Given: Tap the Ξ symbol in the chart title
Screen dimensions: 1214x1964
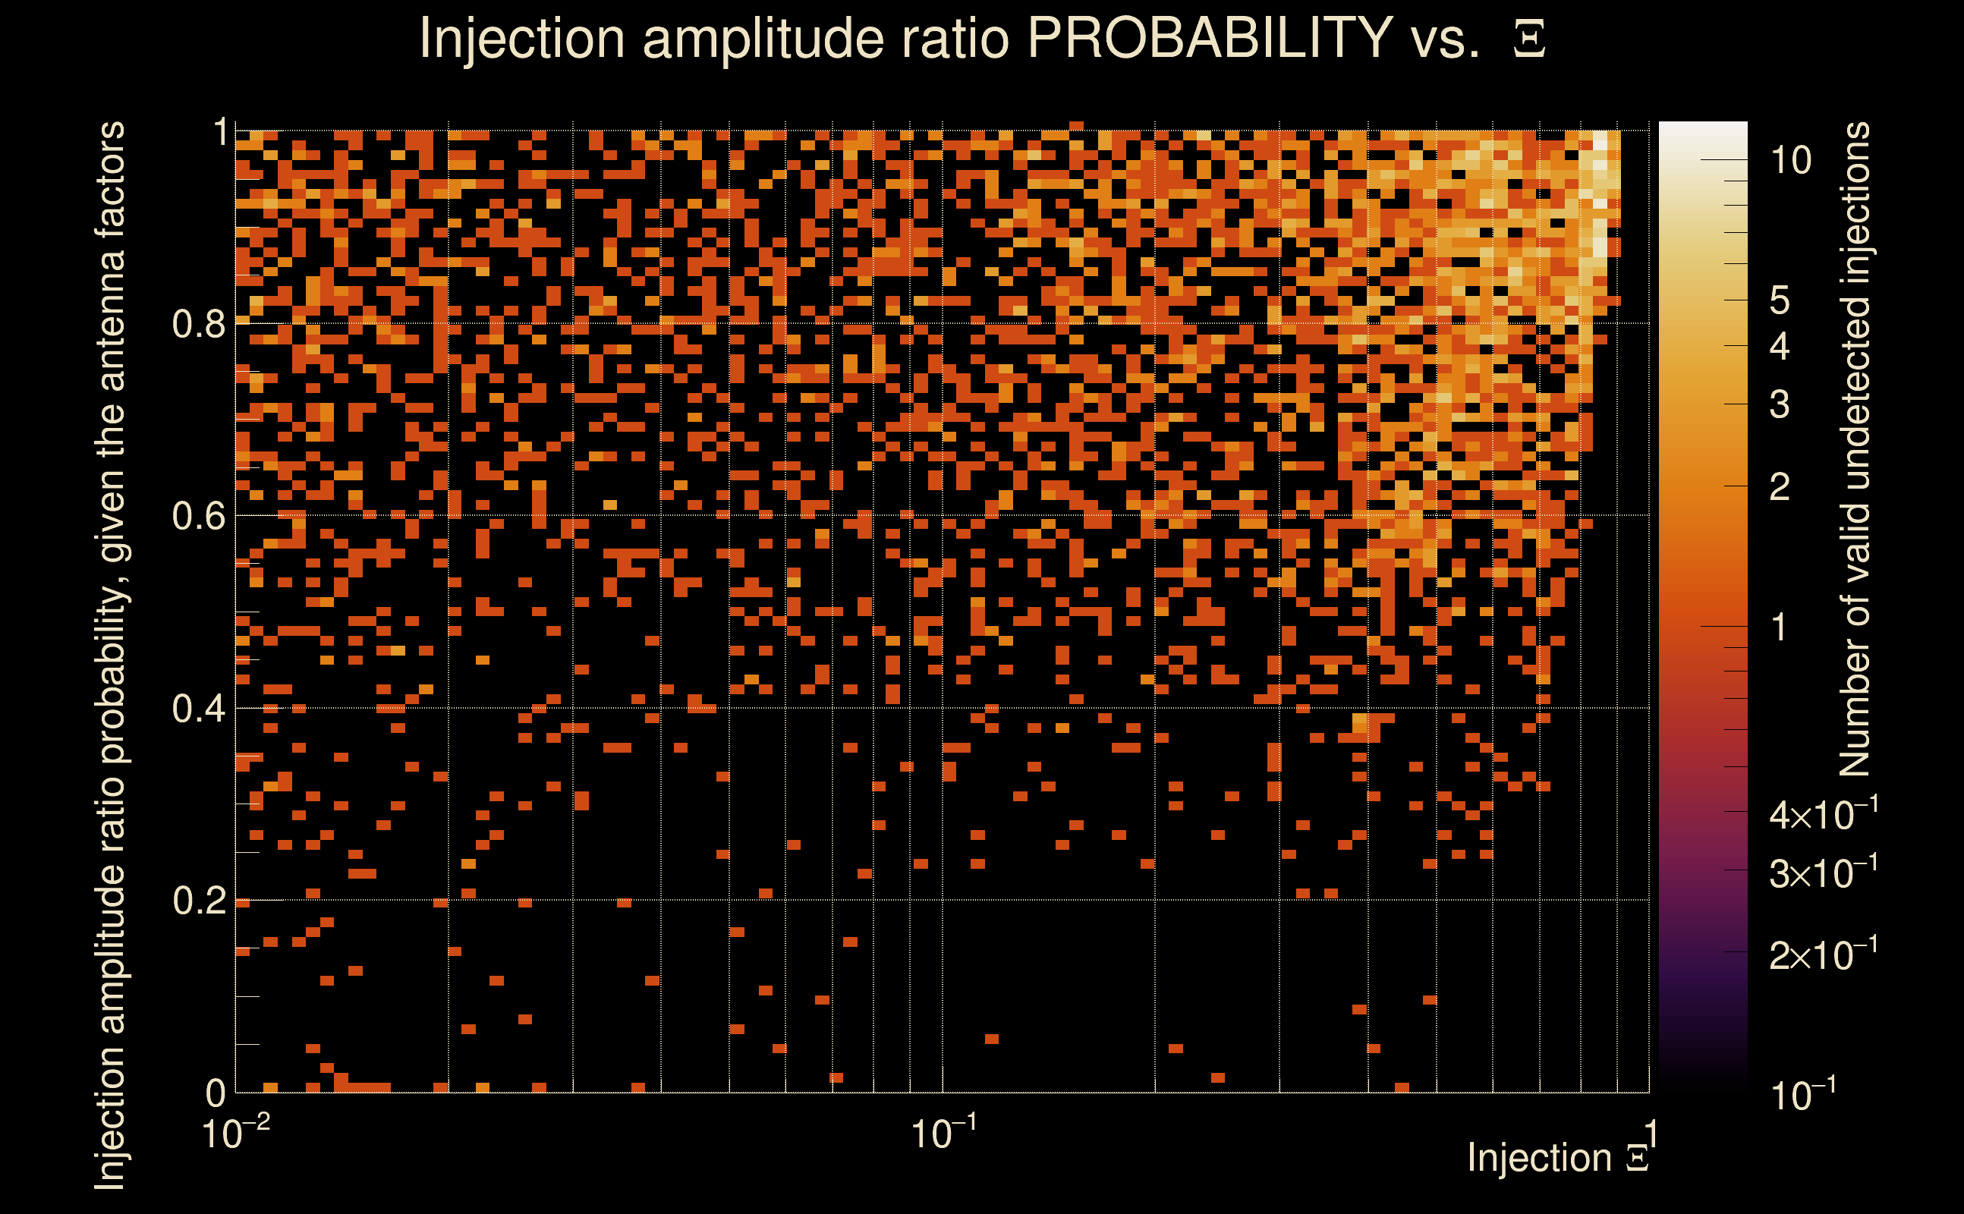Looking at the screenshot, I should click(1529, 39).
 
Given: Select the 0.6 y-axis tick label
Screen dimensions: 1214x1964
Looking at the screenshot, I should click(200, 515).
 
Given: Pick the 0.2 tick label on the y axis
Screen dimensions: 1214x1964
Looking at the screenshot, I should click(200, 900).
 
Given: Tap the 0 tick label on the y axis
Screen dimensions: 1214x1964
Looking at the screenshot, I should click(216, 1093).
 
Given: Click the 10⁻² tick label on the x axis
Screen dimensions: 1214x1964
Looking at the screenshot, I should click(235, 1133).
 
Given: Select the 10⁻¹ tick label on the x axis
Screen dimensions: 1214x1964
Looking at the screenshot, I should click(944, 1133).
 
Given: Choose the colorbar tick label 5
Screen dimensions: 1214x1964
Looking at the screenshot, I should click(1780, 300).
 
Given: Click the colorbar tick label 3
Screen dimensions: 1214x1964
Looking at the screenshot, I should click(1780, 404).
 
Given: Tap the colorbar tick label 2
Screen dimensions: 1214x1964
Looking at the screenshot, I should click(1780, 486).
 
